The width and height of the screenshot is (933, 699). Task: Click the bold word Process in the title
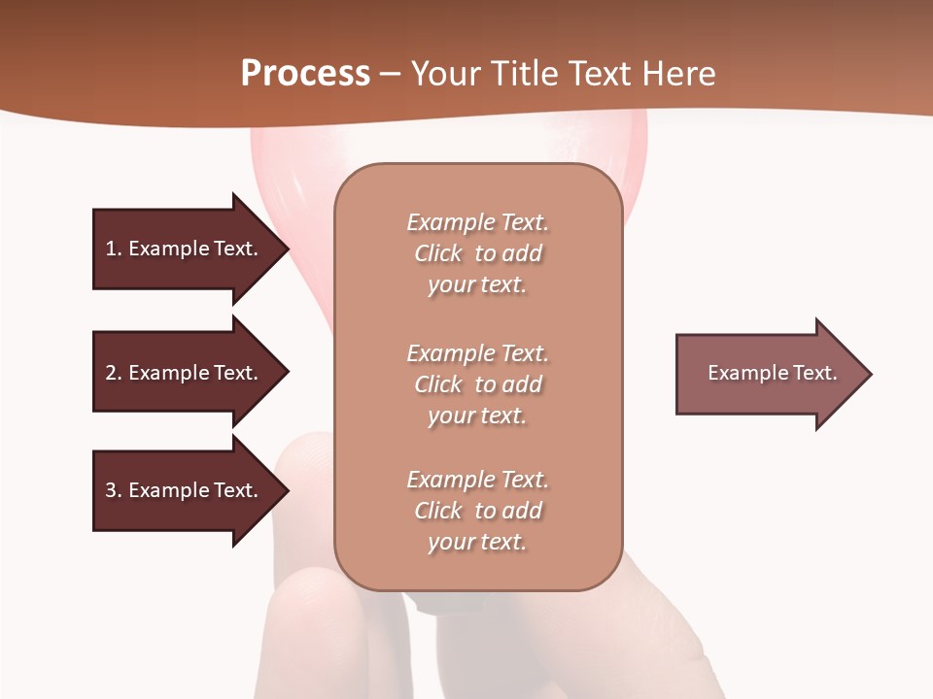coord(305,74)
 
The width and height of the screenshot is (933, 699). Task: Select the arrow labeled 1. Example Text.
coord(185,249)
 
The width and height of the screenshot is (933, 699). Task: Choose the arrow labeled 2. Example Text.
coord(185,373)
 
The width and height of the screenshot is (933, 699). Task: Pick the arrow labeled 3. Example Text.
coord(185,490)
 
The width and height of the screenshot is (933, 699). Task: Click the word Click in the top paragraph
coord(438,254)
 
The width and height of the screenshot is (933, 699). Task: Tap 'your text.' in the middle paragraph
coord(477,416)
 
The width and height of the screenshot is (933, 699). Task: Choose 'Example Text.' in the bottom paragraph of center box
coord(477,480)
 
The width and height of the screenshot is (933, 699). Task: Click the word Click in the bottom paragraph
coord(438,511)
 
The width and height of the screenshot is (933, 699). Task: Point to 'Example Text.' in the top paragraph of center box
coord(477,222)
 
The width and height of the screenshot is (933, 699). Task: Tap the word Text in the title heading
coord(594,74)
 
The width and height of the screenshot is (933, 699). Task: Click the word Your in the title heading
coord(445,74)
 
